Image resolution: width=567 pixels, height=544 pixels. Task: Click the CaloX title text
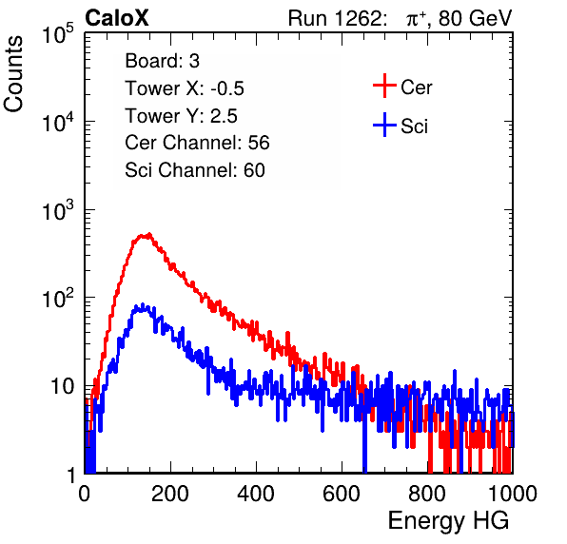coord(116,18)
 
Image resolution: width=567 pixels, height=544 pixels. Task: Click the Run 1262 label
coord(335,18)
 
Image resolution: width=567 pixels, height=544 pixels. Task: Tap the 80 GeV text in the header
coord(476,18)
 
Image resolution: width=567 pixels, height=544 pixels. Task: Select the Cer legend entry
coord(402,87)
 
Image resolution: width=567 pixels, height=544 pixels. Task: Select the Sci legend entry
coord(401,126)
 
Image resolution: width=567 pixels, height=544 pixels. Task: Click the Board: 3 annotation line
coord(162,61)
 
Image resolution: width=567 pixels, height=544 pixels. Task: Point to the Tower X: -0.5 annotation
coord(185,88)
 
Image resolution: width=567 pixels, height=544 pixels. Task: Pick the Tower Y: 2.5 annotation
coord(181,116)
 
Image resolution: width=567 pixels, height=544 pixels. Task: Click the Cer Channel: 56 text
coord(197,143)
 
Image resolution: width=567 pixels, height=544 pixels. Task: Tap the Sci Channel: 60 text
coord(195,170)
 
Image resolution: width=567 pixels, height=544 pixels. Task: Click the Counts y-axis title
coord(13,74)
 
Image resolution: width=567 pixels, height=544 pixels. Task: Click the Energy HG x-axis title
coord(448,520)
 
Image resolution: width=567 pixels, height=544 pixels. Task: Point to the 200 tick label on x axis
coord(170,494)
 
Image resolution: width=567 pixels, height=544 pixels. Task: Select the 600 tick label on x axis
coord(342,494)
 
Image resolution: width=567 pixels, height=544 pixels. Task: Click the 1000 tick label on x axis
coord(513,494)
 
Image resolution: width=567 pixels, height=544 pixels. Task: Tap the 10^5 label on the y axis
coord(58,33)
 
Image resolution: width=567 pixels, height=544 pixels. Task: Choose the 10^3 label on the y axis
coord(58,210)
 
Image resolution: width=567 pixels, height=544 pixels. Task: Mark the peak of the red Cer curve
coord(148,234)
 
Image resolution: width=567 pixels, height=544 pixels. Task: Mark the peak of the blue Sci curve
coord(143,304)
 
